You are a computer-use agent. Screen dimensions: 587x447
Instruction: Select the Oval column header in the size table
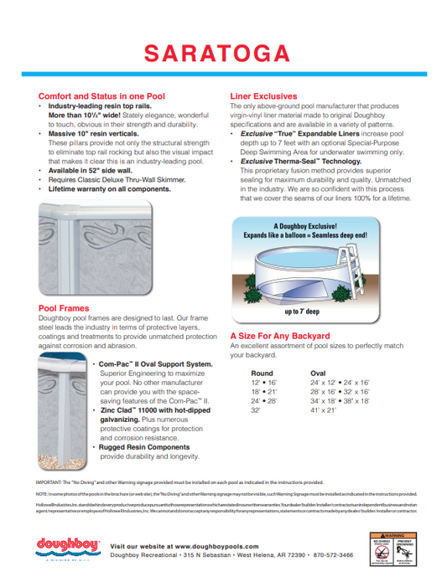tap(318, 373)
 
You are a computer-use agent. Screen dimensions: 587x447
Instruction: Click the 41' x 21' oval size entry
tap(323, 411)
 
